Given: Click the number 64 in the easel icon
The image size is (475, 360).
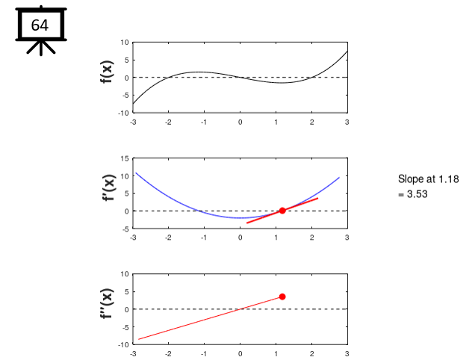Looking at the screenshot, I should coord(40,25).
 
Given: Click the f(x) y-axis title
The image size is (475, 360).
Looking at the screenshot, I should coord(107,77).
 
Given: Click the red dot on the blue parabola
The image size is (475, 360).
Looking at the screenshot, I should coord(282,211).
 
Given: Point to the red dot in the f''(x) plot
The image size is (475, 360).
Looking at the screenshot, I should coord(282,297).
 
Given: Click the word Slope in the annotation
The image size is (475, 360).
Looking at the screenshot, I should coord(412,179).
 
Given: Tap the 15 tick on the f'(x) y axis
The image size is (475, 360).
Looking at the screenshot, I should coord(125,158).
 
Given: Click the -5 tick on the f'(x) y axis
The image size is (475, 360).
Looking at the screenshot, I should coord(125,229).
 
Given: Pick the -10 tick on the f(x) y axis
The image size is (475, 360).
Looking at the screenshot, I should coord(123,113).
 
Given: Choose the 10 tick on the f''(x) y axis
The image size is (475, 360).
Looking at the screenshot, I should coord(125,274).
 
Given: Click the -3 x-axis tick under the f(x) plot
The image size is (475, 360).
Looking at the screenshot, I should coord(133,122).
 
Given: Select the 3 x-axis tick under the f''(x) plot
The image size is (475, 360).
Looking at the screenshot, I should coord(347,353).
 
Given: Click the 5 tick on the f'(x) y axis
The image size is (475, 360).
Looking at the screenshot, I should coord(126,193).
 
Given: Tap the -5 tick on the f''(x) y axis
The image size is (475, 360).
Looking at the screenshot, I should coord(125,327).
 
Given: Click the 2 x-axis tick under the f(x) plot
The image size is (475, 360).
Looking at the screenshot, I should coord(311,122).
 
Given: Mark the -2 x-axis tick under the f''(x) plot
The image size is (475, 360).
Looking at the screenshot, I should coord(168,353).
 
